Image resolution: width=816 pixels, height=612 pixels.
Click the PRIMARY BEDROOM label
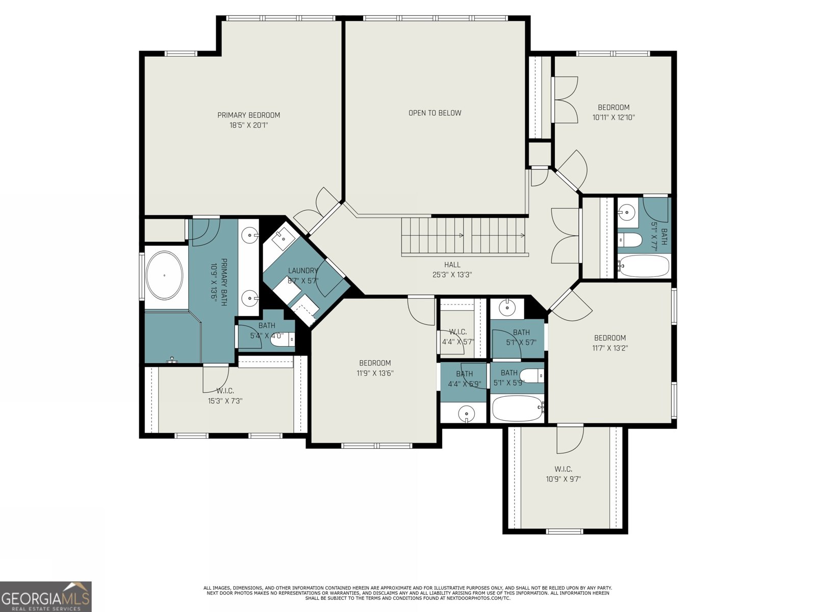pos(249,115)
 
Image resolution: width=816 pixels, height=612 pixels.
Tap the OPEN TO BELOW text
pos(435,113)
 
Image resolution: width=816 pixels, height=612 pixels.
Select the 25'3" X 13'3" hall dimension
pos(452,275)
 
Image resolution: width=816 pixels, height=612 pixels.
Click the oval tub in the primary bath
pos(164,275)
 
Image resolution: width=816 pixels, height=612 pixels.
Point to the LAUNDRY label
pos(302,271)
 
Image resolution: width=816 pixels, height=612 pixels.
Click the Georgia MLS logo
pos(46,597)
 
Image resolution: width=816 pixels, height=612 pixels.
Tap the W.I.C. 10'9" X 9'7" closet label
pos(563,474)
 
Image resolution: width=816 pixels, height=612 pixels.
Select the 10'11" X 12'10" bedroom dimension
pos(614,117)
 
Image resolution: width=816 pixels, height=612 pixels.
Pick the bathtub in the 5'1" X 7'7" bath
pos(644,266)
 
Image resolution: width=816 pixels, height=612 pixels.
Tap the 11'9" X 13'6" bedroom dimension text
pos(375,373)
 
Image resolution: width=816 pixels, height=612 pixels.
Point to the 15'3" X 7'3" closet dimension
pos(225,401)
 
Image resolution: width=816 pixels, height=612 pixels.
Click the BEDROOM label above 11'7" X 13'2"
pos(610,338)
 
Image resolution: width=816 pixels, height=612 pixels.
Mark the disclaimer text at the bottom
pos(407,593)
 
